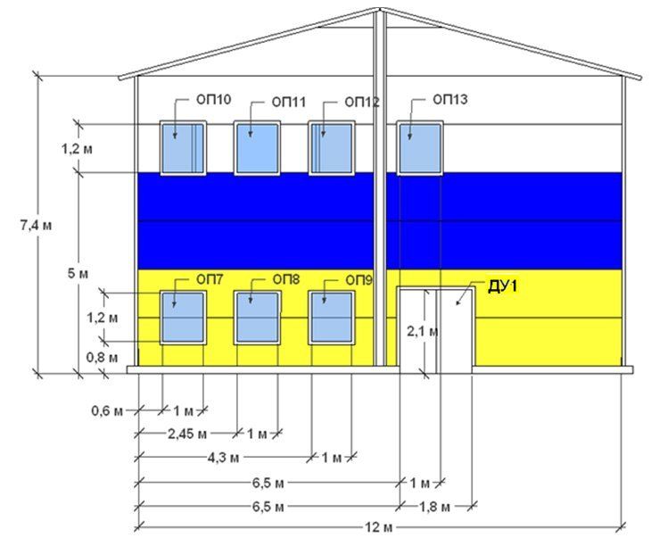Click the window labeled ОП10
(182, 147)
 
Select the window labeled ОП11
(257, 147)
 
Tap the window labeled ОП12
(332, 147)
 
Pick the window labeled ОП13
(419, 147)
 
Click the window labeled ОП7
(182, 316)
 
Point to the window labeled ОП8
(257, 316)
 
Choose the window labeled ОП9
(332, 316)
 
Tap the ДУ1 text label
(502, 286)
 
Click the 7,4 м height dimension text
(35, 226)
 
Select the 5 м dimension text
(78, 271)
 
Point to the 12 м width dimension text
(379, 527)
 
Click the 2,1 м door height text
(422, 331)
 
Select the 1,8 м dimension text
(434, 507)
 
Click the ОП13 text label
(449, 100)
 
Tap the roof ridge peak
(380, 10)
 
